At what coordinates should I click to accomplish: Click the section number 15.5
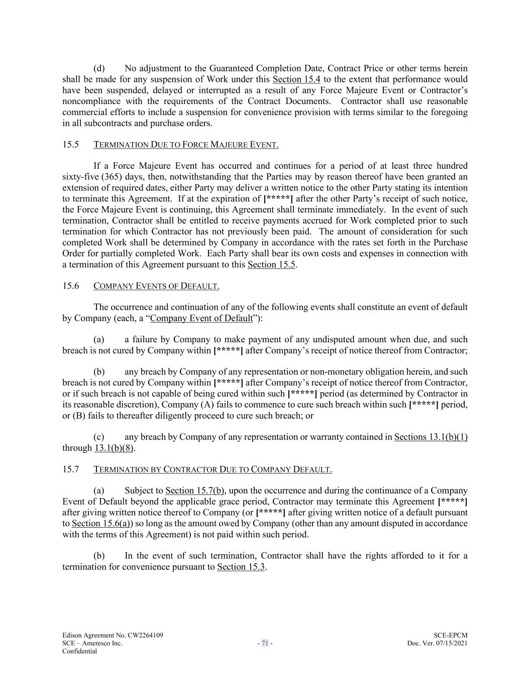click(71, 145)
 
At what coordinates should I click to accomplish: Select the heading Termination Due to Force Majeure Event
click(186, 145)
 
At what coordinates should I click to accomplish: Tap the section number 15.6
click(71, 286)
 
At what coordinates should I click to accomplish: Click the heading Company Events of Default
click(156, 286)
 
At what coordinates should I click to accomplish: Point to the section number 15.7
click(71, 469)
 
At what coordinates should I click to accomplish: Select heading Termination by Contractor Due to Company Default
click(213, 469)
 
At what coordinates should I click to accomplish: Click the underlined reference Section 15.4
click(296, 79)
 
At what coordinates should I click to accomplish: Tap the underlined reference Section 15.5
click(271, 264)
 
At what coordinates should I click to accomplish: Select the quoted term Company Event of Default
click(201, 318)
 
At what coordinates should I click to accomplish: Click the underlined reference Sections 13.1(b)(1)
click(431, 437)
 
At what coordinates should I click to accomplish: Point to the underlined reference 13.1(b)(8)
click(114, 448)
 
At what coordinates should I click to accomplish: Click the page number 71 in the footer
click(265, 643)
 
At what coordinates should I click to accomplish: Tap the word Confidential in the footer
click(79, 651)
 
